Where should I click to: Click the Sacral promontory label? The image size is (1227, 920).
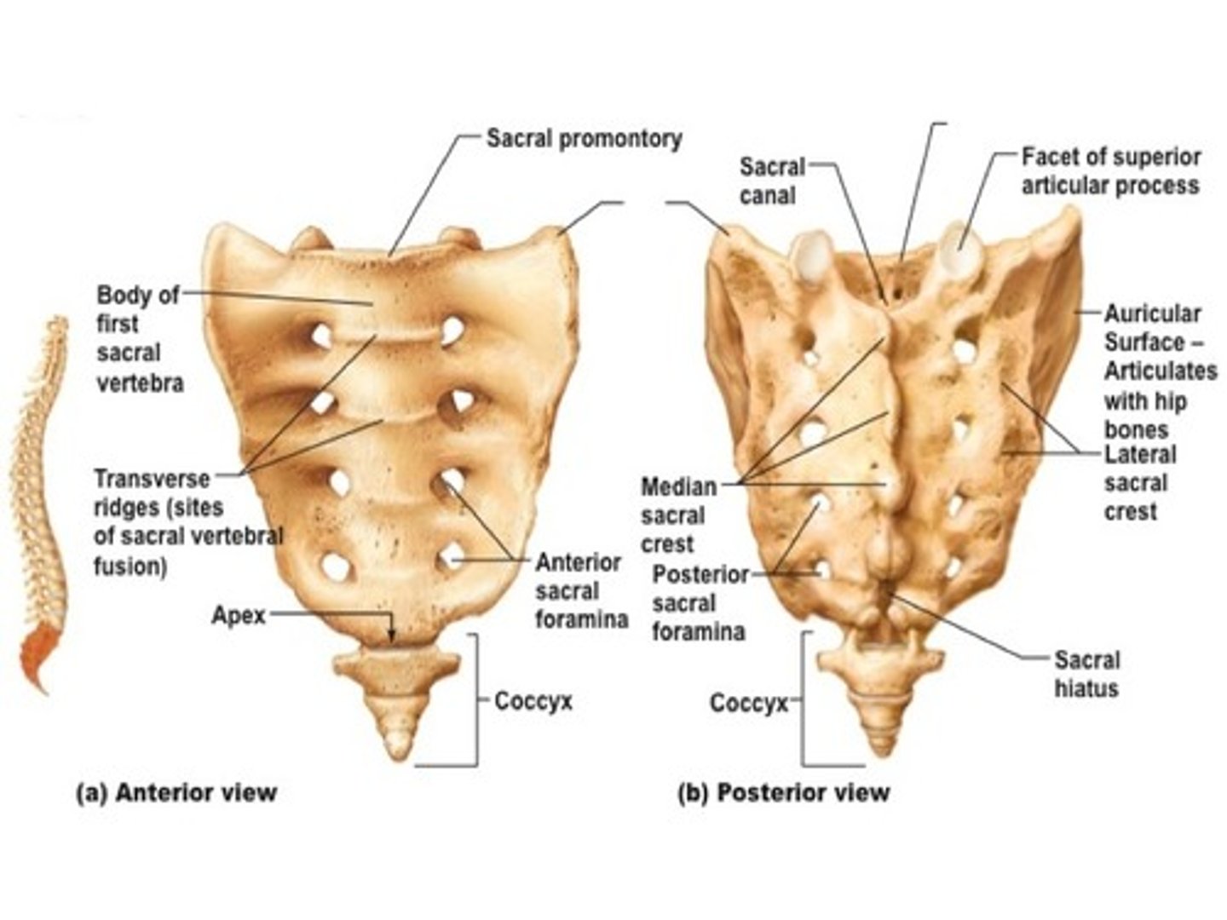pyautogui.click(x=584, y=139)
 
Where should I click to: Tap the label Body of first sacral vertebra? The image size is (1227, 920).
pyautogui.click(x=140, y=339)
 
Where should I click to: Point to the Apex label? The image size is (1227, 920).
pyautogui.click(x=238, y=615)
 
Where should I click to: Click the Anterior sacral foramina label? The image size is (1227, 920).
pyautogui.click(x=581, y=590)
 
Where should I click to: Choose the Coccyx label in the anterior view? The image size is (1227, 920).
pyautogui.click(x=533, y=701)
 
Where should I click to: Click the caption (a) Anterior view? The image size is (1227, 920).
pyautogui.click(x=177, y=792)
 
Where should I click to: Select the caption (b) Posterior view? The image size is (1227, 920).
pyautogui.click(x=783, y=792)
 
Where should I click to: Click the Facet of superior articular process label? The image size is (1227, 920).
pyautogui.click(x=1110, y=171)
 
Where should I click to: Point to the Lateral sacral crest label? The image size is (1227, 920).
pyautogui.click(x=1139, y=483)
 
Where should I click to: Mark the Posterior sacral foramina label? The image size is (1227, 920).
pyautogui.click(x=699, y=603)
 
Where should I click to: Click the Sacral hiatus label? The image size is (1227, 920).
pyautogui.click(x=1086, y=674)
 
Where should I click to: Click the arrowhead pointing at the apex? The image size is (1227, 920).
pyautogui.click(x=392, y=635)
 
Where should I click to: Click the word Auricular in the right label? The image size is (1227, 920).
pyautogui.click(x=1152, y=313)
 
